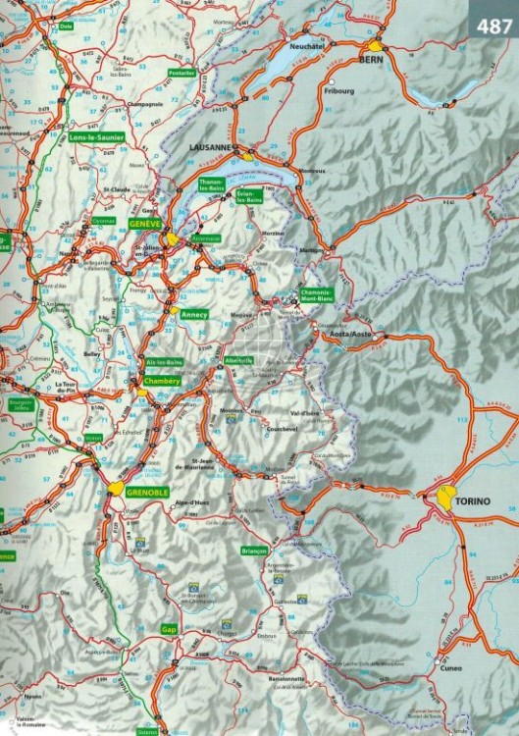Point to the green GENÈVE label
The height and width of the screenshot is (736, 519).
click(x=142, y=225)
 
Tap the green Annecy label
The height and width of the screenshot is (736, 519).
click(x=196, y=313)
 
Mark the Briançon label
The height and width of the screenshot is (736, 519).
click(x=253, y=552)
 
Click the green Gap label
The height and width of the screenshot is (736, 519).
click(x=169, y=629)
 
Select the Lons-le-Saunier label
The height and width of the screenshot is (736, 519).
click(x=97, y=137)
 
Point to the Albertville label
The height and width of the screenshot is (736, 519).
click(x=238, y=361)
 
